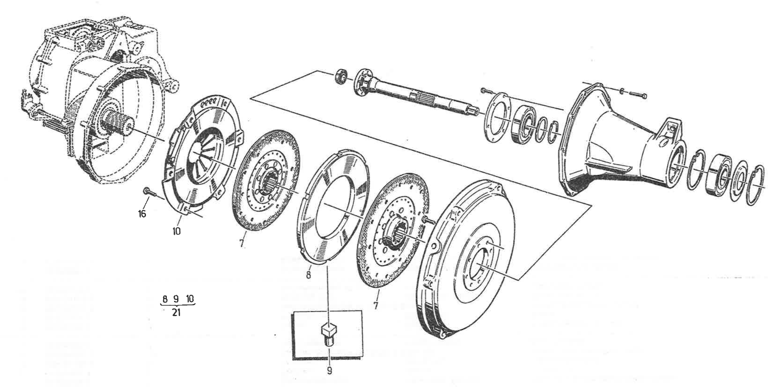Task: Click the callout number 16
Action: (142, 214)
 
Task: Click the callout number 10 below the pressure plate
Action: (176, 231)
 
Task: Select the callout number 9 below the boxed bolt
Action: (329, 371)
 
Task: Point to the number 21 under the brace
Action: (176, 313)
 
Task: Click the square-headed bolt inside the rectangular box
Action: (329, 334)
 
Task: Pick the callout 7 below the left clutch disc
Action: (242, 243)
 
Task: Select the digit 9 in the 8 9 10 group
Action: (176, 299)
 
